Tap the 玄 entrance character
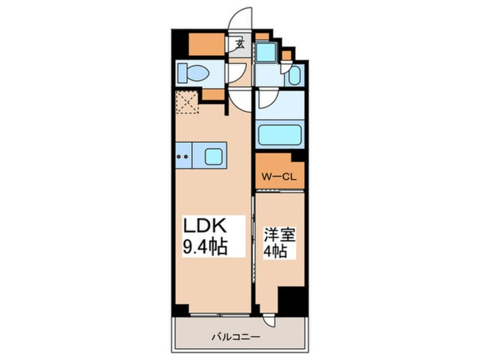[240, 44]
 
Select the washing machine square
[264, 53]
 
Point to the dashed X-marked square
[187, 102]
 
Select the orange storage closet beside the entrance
[206, 44]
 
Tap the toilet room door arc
[237, 72]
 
